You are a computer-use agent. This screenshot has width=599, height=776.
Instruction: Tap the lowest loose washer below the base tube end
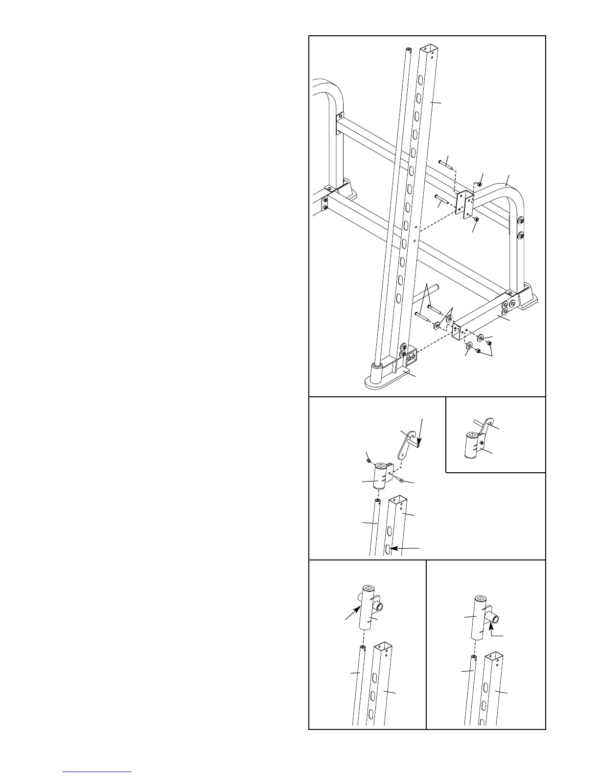[468, 346]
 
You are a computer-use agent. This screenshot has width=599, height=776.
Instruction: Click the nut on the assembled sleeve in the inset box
[482, 443]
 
